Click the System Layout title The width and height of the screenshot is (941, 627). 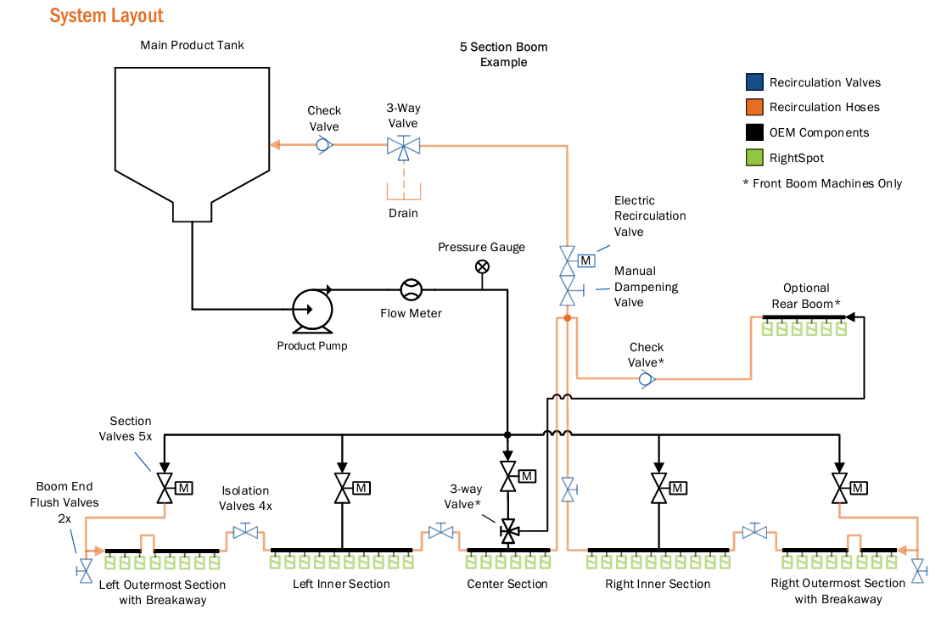tap(106, 15)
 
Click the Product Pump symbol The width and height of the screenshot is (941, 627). tap(312, 311)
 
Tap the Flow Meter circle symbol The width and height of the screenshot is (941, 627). tap(411, 290)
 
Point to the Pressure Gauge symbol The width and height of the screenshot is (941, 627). tap(482, 266)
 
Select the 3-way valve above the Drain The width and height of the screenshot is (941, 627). tap(403, 147)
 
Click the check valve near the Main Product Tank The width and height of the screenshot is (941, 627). tap(324, 144)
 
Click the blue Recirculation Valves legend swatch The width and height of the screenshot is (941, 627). tap(754, 81)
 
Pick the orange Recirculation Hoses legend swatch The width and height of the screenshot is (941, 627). tap(754, 107)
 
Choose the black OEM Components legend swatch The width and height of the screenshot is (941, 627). tap(754, 132)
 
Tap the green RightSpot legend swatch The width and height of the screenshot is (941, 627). tap(754, 157)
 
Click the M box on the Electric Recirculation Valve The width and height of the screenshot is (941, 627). tap(585, 261)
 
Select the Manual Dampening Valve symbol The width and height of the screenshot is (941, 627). tap(569, 290)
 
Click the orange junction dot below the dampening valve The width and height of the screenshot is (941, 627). tap(567, 318)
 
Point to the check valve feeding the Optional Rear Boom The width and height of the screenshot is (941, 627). tap(646, 379)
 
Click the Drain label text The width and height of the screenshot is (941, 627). tap(403, 213)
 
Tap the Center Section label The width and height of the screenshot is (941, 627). tap(507, 584)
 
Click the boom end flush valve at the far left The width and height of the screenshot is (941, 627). tap(85, 571)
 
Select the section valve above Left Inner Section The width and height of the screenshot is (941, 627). tap(343, 488)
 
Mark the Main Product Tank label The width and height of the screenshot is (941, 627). tap(192, 45)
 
